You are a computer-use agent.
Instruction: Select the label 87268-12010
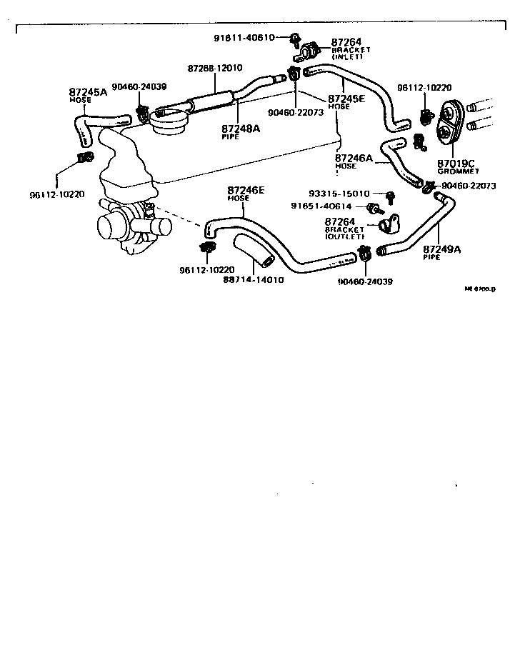tap(215, 68)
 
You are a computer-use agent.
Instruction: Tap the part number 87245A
tap(88, 92)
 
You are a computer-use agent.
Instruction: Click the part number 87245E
tap(346, 99)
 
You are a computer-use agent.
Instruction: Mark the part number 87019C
tap(456, 164)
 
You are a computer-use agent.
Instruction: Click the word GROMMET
tap(458, 172)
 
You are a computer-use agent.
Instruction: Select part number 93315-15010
tap(339, 194)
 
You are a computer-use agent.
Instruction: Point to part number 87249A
tap(441, 249)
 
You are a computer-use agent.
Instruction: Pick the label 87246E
tap(246, 190)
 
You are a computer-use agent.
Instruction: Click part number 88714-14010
tap(254, 279)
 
